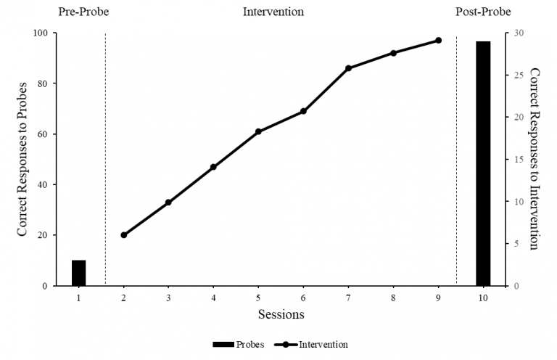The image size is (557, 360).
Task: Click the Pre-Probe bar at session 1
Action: tap(78, 273)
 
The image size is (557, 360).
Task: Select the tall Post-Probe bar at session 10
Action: tap(483, 163)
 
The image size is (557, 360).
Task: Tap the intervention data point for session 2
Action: tap(123, 235)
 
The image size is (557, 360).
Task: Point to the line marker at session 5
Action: tap(258, 131)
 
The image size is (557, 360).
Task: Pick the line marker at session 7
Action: tap(348, 68)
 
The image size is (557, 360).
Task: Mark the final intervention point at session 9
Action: tap(438, 41)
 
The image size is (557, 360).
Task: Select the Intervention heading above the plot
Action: tap(273, 12)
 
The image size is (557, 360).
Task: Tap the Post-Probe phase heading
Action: tap(483, 12)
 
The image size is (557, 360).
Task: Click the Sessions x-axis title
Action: tap(281, 314)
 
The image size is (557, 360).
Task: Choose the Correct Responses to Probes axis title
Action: tap(22, 159)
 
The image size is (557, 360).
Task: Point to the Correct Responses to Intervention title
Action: tap(535, 159)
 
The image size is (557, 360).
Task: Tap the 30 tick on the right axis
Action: tap(517, 33)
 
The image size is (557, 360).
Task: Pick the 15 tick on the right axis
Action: tap(517, 160)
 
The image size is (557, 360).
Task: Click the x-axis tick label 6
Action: tap(303, 298)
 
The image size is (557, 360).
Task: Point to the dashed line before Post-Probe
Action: tap(456, 160)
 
